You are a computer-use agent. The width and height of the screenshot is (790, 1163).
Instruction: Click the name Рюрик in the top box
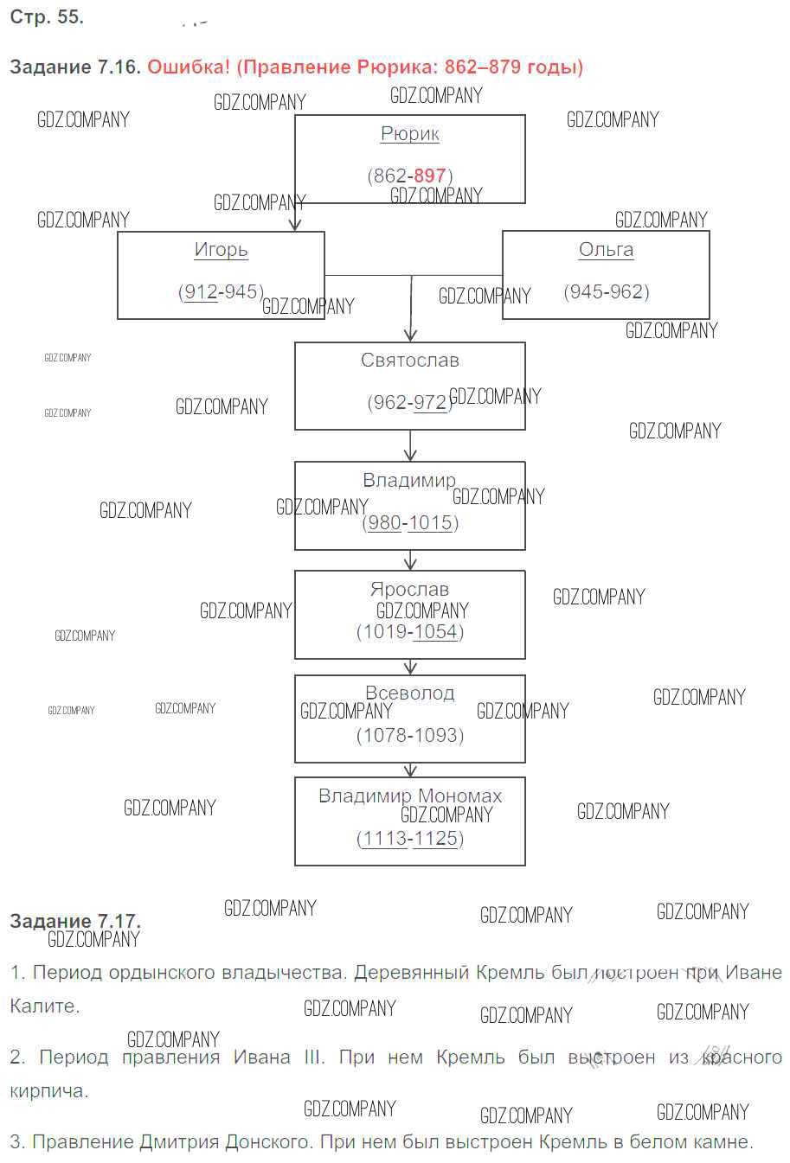410,134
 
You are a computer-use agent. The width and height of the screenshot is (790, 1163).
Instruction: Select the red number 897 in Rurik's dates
429,176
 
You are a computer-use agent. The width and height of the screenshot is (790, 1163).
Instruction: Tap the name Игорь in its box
221,250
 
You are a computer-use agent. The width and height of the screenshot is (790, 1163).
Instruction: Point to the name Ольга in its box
606,250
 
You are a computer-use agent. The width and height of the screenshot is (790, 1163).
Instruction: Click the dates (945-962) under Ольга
607,291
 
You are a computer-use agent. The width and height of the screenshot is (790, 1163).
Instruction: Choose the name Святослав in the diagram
410,361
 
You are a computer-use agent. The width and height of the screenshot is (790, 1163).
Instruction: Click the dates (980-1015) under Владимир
410,522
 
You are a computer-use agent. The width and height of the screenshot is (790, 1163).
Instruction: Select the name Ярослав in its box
410,589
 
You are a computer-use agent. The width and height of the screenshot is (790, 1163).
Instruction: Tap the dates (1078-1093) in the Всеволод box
410,736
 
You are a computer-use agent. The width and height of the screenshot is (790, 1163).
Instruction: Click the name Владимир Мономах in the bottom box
410,796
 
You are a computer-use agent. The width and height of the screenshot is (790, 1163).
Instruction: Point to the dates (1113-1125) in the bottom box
410,839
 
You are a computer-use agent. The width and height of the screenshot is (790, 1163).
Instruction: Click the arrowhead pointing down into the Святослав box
411,335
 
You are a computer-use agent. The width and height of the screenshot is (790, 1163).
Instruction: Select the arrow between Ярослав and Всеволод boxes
411,668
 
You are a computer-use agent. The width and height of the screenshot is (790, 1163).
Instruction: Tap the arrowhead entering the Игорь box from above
295,223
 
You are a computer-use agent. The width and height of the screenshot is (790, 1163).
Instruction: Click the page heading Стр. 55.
47,17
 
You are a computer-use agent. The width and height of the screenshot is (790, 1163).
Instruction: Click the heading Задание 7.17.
75,921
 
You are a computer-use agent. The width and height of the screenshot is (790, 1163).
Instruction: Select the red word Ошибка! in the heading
189,67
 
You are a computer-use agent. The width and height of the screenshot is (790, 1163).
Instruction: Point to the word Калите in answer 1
43,1006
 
